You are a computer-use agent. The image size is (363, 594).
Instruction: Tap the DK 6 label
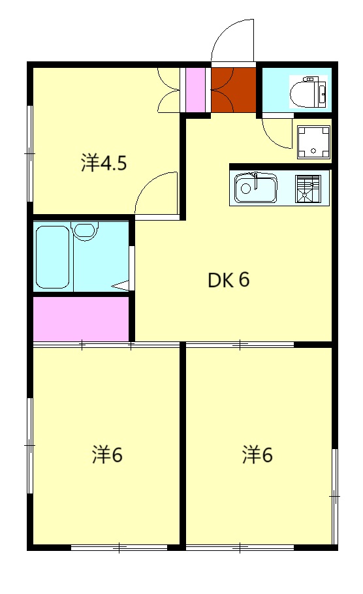pos(229,280)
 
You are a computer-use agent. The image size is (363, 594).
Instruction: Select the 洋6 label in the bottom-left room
pos(107,455)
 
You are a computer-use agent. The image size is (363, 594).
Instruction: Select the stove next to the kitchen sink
pos(308,188)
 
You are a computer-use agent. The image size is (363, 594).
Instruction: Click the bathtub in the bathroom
pos(52,257)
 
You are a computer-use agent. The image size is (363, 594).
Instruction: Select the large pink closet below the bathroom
pos(80,319)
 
